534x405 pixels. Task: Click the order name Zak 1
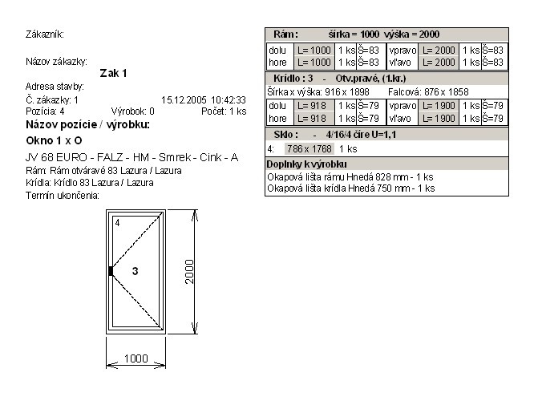(x=113, y=73)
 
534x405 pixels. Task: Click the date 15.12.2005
(x=184, y=100)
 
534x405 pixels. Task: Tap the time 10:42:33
(x=229, y=100)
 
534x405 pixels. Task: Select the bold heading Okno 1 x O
(x=54, y=140)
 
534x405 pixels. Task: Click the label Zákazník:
(x=45, y=34)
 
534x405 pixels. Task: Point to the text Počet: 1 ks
(x=224, y=111)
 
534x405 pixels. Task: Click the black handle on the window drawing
(x=111, y=271)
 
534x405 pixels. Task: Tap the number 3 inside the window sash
(x=136, y=271)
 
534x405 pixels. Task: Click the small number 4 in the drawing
(x=118, y=223)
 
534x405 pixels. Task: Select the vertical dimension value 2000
(x=189, y=272)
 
